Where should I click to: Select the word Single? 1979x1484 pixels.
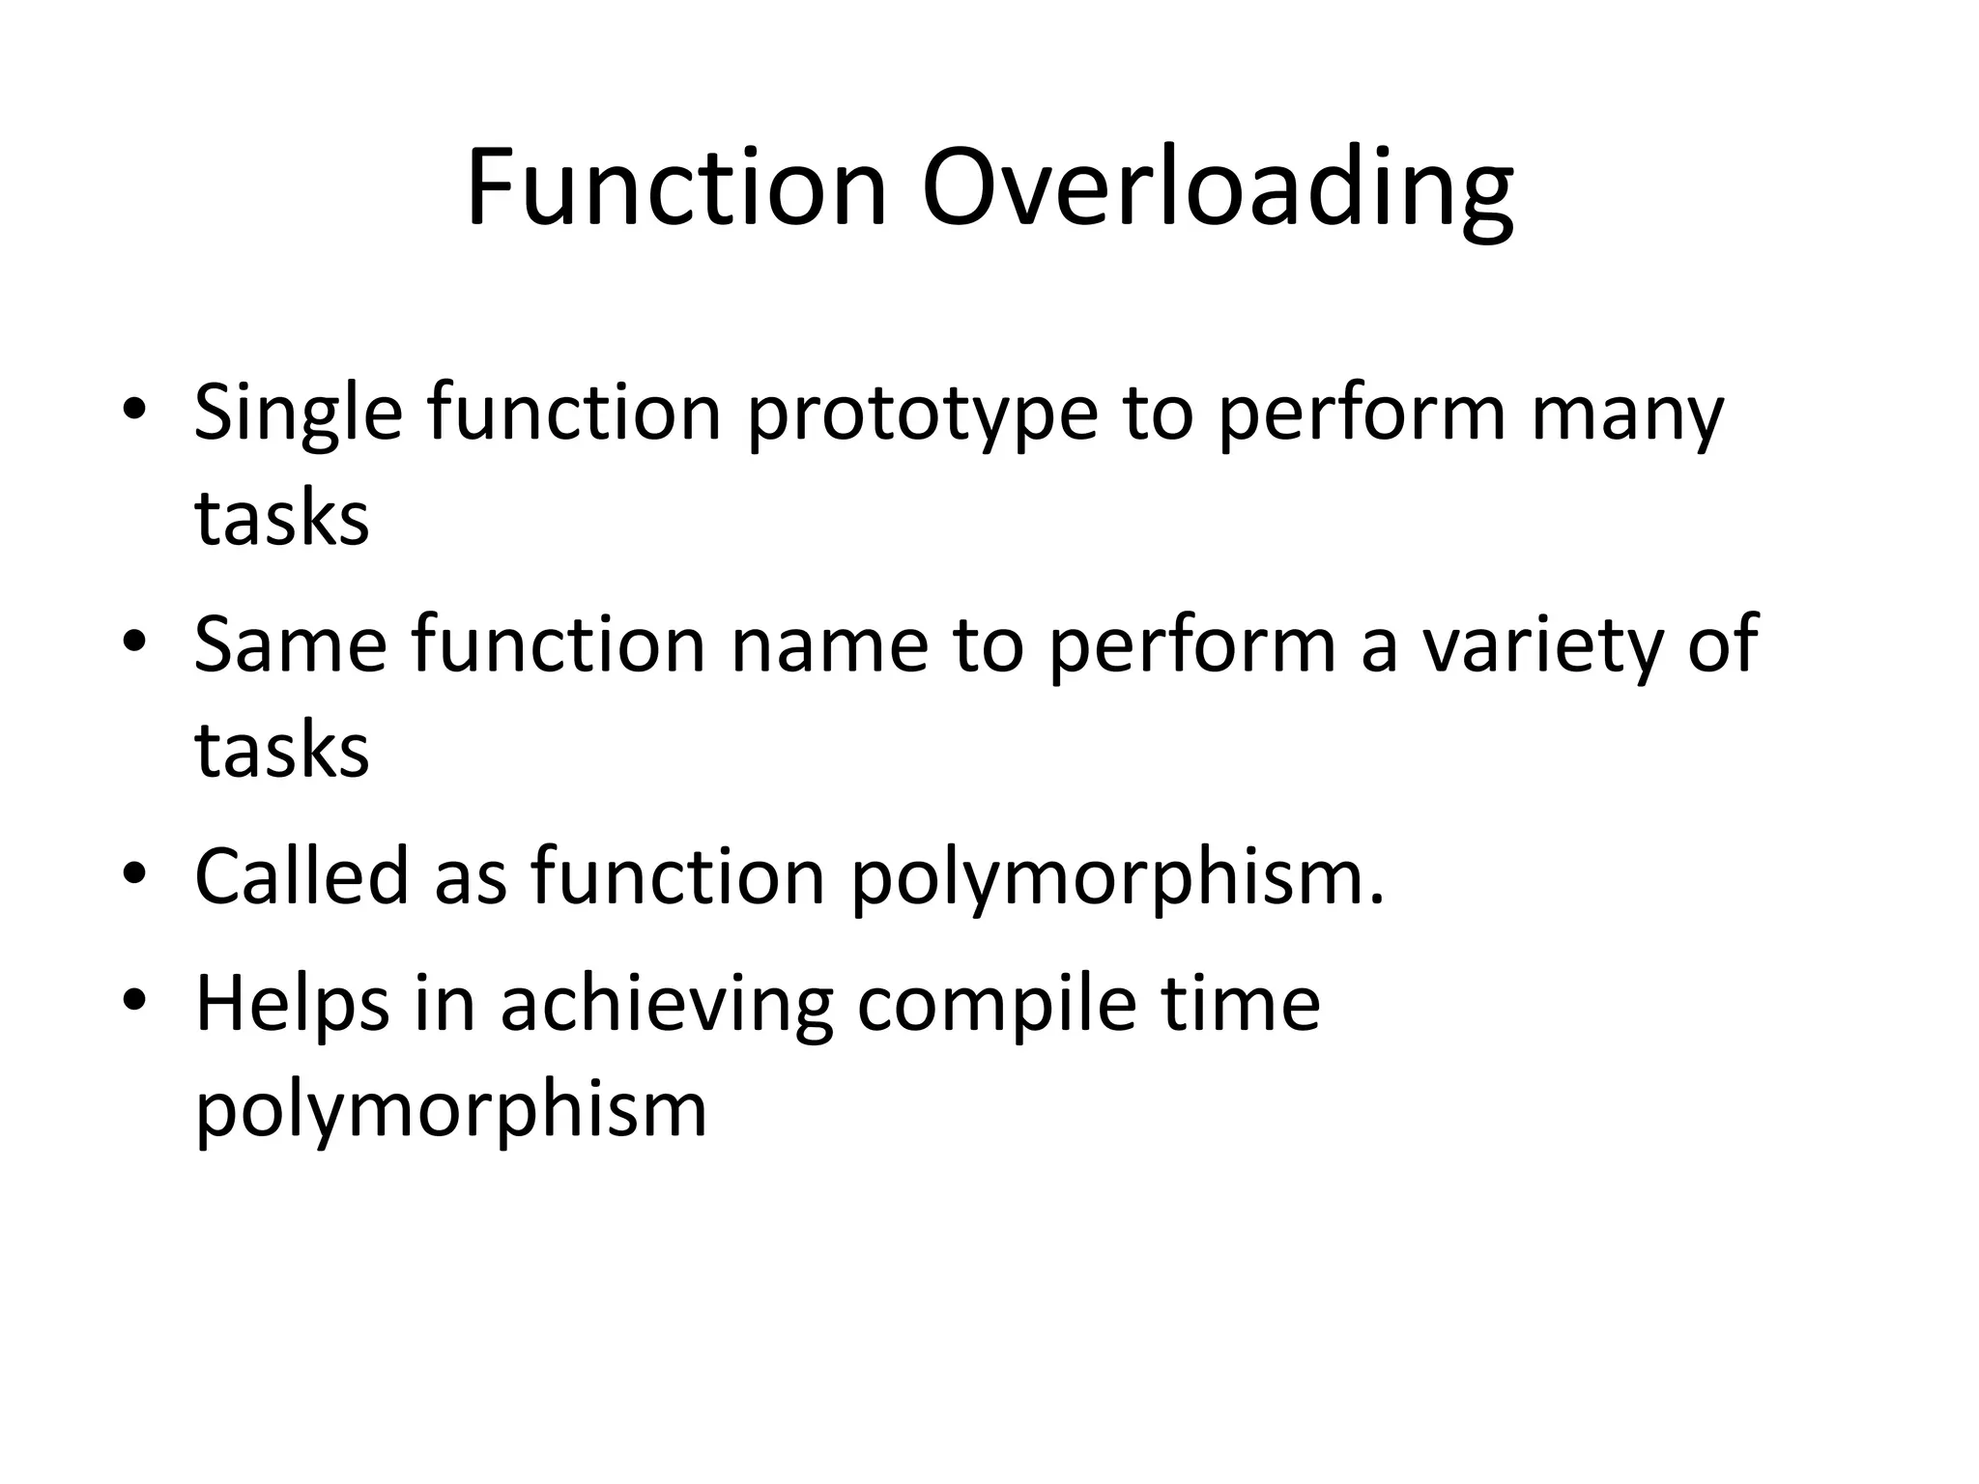click(298, 414)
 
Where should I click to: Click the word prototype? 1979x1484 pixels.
click(923, 414)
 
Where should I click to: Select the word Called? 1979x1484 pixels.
click(301, 875)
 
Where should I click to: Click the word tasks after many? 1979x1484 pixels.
click(281, 518)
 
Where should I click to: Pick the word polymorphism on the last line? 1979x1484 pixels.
click(451, 1109)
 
